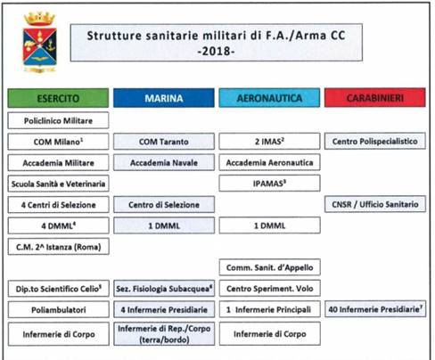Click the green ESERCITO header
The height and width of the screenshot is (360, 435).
pos(58,98)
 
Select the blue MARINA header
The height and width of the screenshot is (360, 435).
pos(164,98)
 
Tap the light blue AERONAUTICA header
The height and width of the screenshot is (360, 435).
pos(269,98)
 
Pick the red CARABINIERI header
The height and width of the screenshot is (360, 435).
pos(375,97)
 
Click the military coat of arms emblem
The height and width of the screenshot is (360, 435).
pos(40,42)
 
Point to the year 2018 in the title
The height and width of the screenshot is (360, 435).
pos(216,51)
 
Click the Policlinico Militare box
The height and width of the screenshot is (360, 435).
pos(58,120)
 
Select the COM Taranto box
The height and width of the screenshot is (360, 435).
pos(164,142)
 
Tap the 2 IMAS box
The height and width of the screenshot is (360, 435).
pos(269,141)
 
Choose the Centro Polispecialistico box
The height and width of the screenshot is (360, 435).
pos(375,141)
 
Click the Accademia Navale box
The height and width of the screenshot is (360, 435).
pos(164,162)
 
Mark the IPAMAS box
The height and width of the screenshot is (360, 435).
pos(269,184)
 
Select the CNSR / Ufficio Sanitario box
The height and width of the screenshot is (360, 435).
pos(375,204)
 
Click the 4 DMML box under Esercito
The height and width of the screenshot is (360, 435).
pos(58,225)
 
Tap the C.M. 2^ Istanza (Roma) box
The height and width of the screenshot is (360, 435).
pos(58,247)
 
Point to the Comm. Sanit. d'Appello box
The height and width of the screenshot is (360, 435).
pos(270,267)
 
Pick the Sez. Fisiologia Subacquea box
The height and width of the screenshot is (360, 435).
pos(164,289)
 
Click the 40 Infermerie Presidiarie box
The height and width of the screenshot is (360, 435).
pos(375,309)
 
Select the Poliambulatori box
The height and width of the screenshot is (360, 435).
pos(59,309)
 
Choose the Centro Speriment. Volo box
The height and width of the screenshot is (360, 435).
pos(270,289)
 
